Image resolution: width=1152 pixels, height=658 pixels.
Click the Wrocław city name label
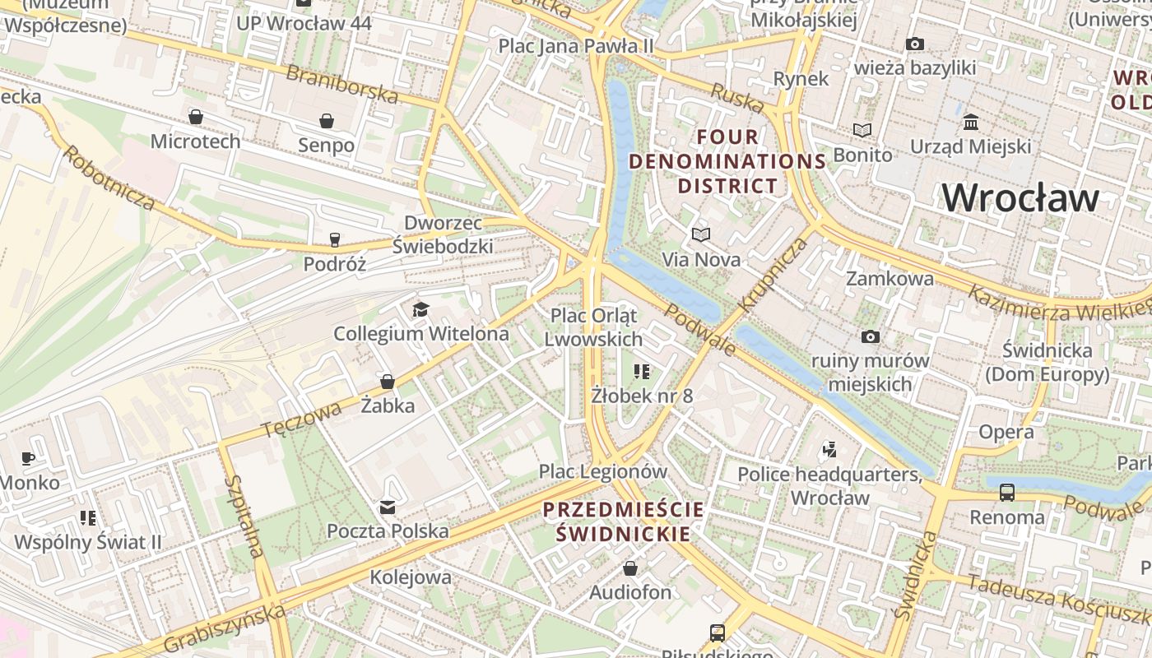[1020, 198]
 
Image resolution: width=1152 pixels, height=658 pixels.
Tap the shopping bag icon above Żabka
[387, 382]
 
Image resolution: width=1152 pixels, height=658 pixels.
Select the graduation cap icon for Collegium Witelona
[420, 309]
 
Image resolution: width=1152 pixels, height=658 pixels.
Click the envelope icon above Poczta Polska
[387, 507]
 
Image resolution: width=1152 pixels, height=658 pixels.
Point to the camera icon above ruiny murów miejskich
[870, 336]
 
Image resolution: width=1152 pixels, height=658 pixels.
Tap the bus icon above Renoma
[1006, 493]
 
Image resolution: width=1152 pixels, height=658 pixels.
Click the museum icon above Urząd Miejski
[970, 123]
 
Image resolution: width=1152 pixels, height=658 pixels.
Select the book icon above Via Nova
[700, 235]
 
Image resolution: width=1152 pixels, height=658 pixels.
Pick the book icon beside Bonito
[862, 130]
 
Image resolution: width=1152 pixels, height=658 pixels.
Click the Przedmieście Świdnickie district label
[623, 521]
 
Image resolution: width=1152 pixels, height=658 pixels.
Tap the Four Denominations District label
[727, 161]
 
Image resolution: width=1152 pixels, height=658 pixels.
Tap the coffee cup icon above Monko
[28, 458]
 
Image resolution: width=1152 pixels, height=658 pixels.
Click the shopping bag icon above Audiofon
[629, 568]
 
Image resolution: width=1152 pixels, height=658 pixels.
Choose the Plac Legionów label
[602, 471]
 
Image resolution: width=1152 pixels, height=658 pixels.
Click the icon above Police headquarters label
[829, 449]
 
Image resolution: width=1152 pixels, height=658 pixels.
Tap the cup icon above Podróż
[334, 239]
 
